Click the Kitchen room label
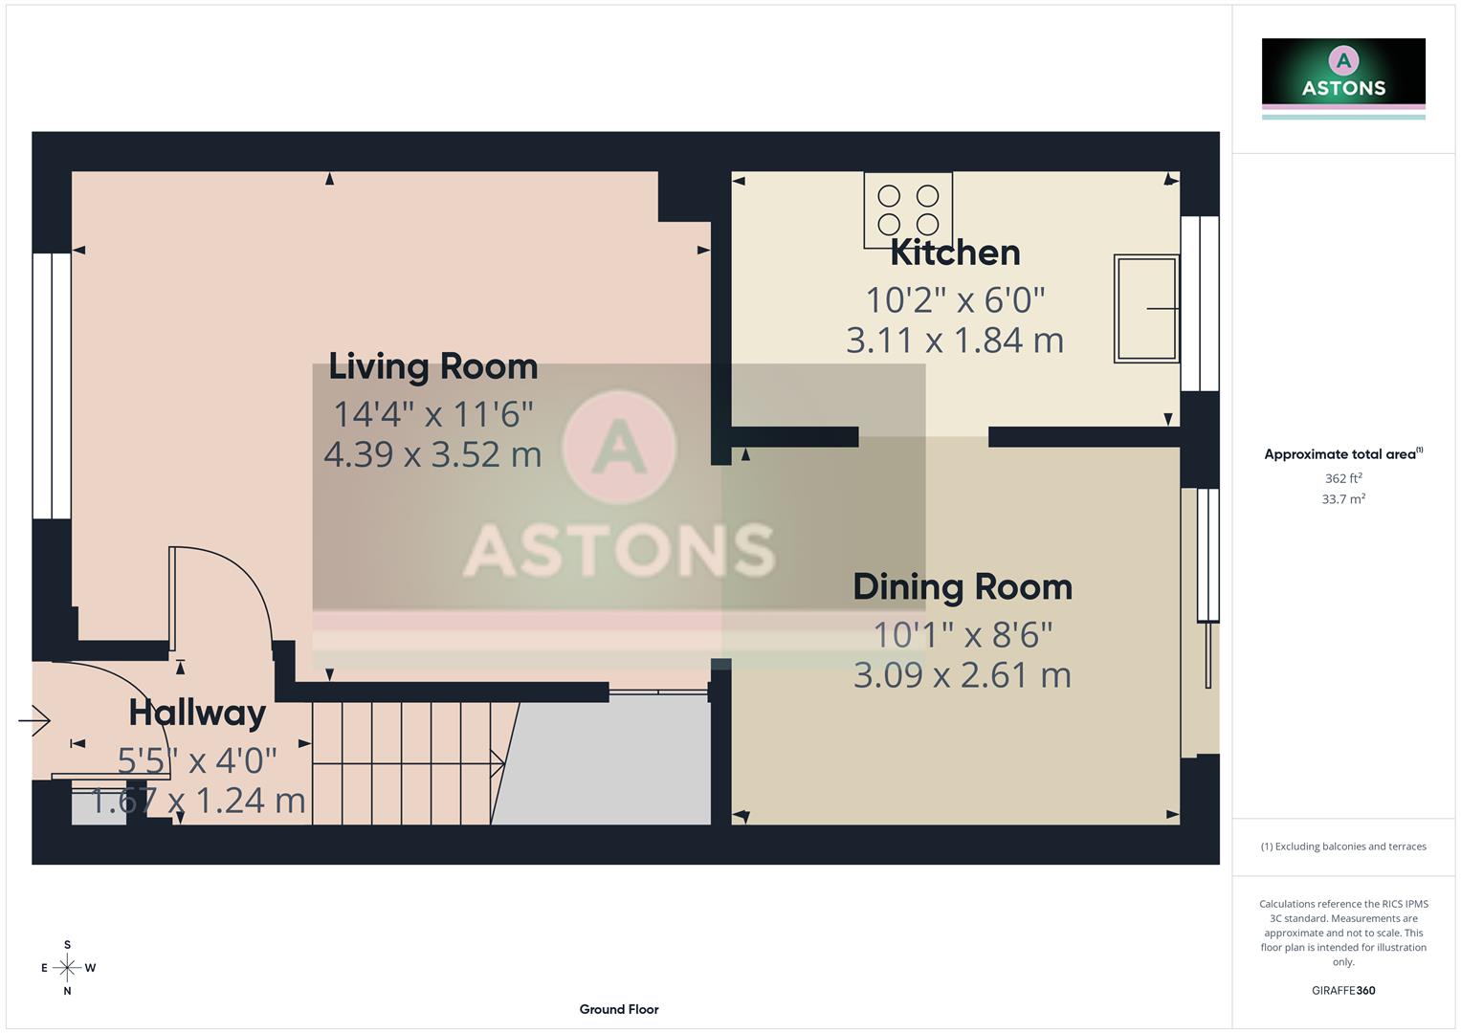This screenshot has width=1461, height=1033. pos(955,253)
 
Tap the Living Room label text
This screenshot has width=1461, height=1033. pos(432,366)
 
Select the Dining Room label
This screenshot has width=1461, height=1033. pos(962,586)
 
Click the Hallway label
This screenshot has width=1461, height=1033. pos(197,713)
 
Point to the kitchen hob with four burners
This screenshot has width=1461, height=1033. pos(908,210)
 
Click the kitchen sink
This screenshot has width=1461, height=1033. pos(1145,309)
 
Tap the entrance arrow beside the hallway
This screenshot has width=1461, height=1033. pos(34,719)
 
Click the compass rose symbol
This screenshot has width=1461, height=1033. pos(67,968)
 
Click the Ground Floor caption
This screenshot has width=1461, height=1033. pos(619,1009)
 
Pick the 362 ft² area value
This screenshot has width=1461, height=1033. pos(1342,478)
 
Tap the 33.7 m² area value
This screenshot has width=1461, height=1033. pos(1342,499)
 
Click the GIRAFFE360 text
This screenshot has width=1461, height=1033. pos(1342,991)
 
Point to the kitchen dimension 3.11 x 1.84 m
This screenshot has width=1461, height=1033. pos(955,341)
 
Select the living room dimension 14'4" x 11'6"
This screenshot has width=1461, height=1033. pos(432,414)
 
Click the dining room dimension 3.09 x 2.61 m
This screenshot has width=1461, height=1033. pos(962,675)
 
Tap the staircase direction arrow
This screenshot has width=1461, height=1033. pos(497,763)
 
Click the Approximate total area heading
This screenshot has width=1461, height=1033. pos(1342,454)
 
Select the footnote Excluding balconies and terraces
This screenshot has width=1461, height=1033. pos(1342,846)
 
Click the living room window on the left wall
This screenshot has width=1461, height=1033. pos(51,385)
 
